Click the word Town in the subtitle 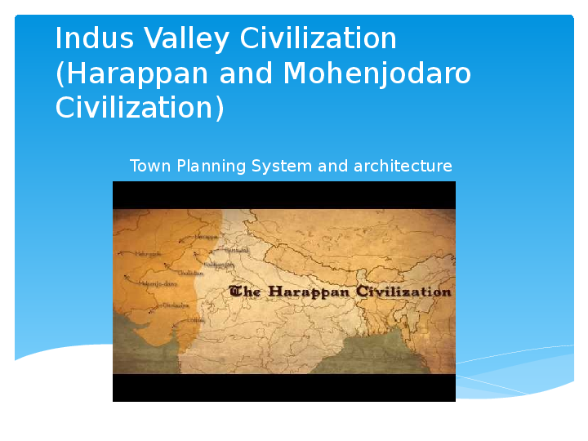149,167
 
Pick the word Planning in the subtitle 208,167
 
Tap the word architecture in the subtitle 403,167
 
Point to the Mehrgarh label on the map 149,254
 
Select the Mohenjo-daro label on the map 158,283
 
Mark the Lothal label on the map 197,319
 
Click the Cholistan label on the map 190,273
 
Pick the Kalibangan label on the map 219,265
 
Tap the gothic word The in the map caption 246,292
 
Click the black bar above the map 283,194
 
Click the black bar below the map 283,388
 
